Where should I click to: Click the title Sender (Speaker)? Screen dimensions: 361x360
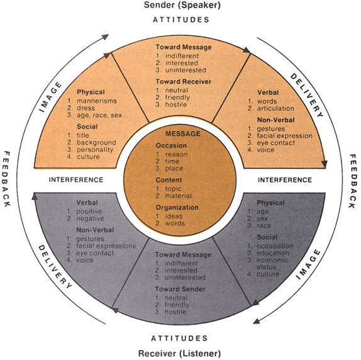(x=182, y=5)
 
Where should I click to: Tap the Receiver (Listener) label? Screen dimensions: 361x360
(x=179, y=353)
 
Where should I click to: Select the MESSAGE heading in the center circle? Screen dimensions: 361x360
(x=183, y=134)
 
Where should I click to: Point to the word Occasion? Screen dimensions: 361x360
(x=171, y=145)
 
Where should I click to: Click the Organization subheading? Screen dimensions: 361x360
(x=177, y=208)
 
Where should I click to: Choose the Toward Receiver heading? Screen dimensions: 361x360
(x=184, y=82)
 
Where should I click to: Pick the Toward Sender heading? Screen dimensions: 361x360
(x=180, y=289)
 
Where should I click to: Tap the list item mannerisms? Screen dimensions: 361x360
(x=97, y=101)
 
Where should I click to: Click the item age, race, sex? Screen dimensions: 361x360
(x=99, y=115)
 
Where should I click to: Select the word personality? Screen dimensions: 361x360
(x=95, y=150)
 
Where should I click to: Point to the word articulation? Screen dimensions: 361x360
(x=275, y=108)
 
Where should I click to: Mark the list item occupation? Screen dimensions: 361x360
(x=275, y=246)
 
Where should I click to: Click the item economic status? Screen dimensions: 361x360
(x=272, y=264)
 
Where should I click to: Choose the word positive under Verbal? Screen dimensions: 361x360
(x=89, y=211)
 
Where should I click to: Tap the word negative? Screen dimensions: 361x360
(x=91, y=218)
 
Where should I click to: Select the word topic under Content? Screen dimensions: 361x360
(x=173, y=189)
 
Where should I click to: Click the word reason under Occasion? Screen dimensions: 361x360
(x=176, y=155)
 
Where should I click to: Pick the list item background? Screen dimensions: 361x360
(x=96, y=143)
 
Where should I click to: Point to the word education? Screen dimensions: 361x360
(x=273, y=253)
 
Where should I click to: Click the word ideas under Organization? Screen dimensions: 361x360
(x=174, y=217)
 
